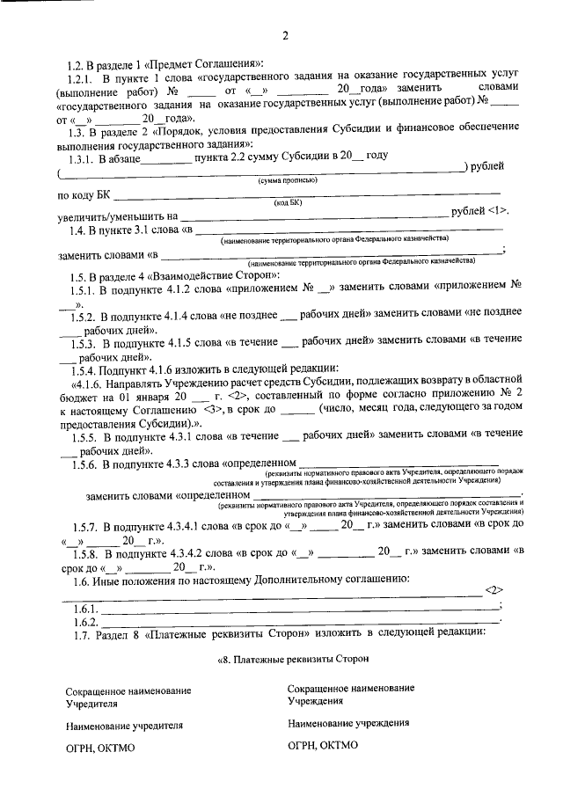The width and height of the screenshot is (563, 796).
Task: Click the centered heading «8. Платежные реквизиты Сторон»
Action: click(x=290, y=658)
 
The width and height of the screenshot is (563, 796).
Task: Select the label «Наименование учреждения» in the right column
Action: click(x=347, y=723)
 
